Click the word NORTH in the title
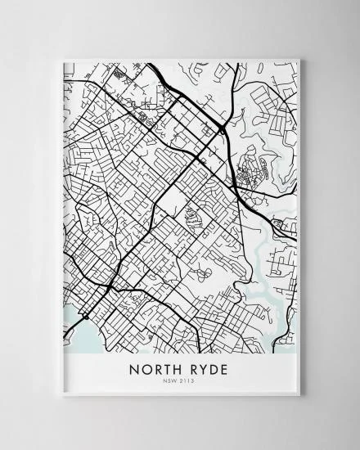155,370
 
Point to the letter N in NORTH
133,370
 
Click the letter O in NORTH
145,370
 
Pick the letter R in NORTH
155,370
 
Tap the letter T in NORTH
165,370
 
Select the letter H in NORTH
176,370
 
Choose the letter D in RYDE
214,370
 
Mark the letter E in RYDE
225,370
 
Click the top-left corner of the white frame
60,59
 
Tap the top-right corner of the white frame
300,59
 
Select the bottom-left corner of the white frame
60,397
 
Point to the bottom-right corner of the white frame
300,397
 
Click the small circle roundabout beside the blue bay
84,315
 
